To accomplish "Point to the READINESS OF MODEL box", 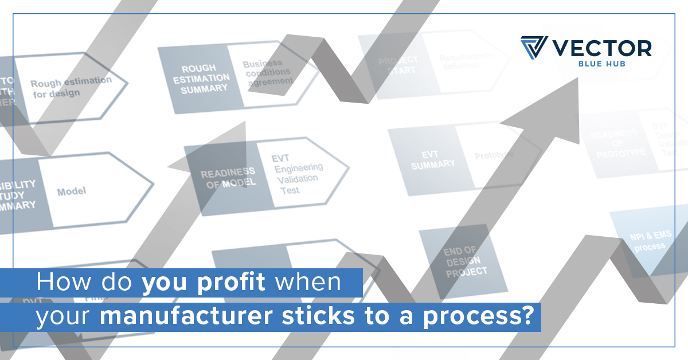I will [227, 178].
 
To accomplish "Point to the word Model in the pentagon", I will [72, 191].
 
